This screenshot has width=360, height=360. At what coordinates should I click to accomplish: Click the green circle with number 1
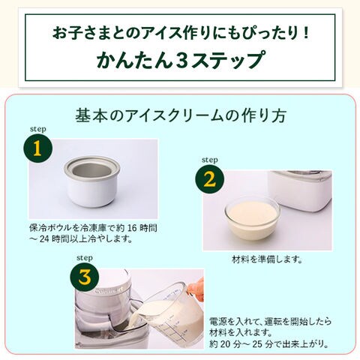click(x=37, y=148)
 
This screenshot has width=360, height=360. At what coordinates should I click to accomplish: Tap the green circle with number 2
click(x=209, y=179)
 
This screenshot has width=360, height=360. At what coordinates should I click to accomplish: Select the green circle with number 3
click(x=85, y=277)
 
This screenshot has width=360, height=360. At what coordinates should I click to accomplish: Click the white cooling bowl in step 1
click(x=92, y=181)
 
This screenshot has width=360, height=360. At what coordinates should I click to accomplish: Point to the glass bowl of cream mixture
click(x=252, y=217)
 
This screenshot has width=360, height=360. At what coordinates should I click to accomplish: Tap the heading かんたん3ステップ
click(x=180, y=60)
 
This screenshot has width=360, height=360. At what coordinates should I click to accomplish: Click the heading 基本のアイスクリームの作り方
click(x=181, y=115)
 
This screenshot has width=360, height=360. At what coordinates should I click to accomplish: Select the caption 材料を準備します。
click(x=267, y=259)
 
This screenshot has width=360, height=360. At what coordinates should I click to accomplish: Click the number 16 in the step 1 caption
click(x=133, y=228)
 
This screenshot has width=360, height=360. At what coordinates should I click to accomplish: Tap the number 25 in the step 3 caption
click(x=258, y=344)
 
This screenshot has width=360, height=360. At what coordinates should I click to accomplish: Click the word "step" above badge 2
click(x=209, y=160)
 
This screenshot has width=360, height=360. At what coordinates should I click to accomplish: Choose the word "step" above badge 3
click(x=85, y=258)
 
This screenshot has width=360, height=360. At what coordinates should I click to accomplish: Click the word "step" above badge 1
click(x=38, y=129)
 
